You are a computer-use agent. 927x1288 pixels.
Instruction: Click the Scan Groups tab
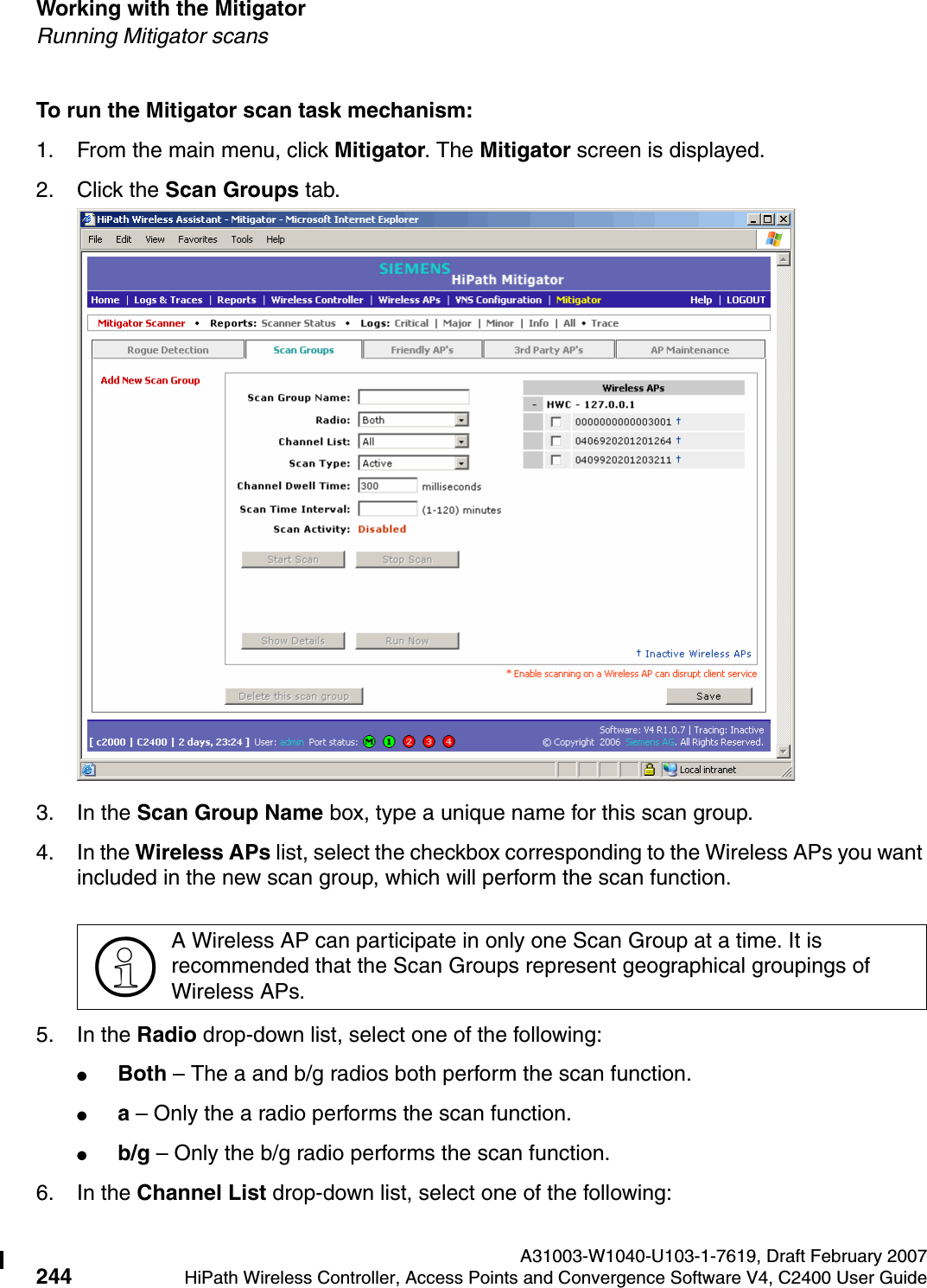coord(303,350)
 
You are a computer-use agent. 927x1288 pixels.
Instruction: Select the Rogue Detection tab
coord(168,350)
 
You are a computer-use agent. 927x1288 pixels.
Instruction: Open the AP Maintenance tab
coord(689,350)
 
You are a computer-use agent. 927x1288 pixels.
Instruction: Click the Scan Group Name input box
coord(413,397)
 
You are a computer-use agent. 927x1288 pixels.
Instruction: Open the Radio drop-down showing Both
coord(414,420)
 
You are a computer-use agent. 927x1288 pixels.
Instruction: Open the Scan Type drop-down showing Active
coord(414,464)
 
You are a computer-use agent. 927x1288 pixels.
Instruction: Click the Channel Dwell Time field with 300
coord(388,486)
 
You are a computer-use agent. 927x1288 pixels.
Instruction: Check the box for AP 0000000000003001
coord(556,422)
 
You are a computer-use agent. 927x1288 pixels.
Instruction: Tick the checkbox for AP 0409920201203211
coord(556,460)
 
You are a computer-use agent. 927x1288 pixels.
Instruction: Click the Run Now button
coord(406,641)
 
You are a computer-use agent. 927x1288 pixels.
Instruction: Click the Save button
coord(708,696)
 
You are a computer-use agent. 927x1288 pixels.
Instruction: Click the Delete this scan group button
coord(294,696)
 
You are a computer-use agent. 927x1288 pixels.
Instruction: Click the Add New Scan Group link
coord(150,380)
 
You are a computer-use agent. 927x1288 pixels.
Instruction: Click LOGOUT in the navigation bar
coord(746,301)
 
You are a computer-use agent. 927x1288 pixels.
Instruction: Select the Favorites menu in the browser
coord(197,240)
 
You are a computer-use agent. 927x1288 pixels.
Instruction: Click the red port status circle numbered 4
coord(448,742)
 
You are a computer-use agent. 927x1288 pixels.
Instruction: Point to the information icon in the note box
coord(125,967)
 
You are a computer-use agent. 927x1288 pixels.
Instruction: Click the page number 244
coord(54,1276)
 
